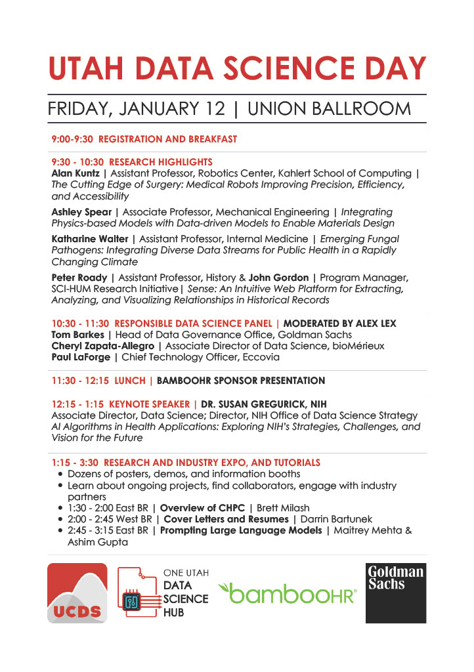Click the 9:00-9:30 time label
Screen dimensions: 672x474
pos(72,139)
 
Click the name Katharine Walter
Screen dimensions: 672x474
pos(90,239)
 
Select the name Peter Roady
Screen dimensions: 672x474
pos(79,278)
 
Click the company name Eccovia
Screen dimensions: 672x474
pos(260,357)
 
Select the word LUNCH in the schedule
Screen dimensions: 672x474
pos(130,381)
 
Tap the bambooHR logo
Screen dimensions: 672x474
pos(288,595)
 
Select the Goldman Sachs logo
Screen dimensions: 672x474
pos(395,593)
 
